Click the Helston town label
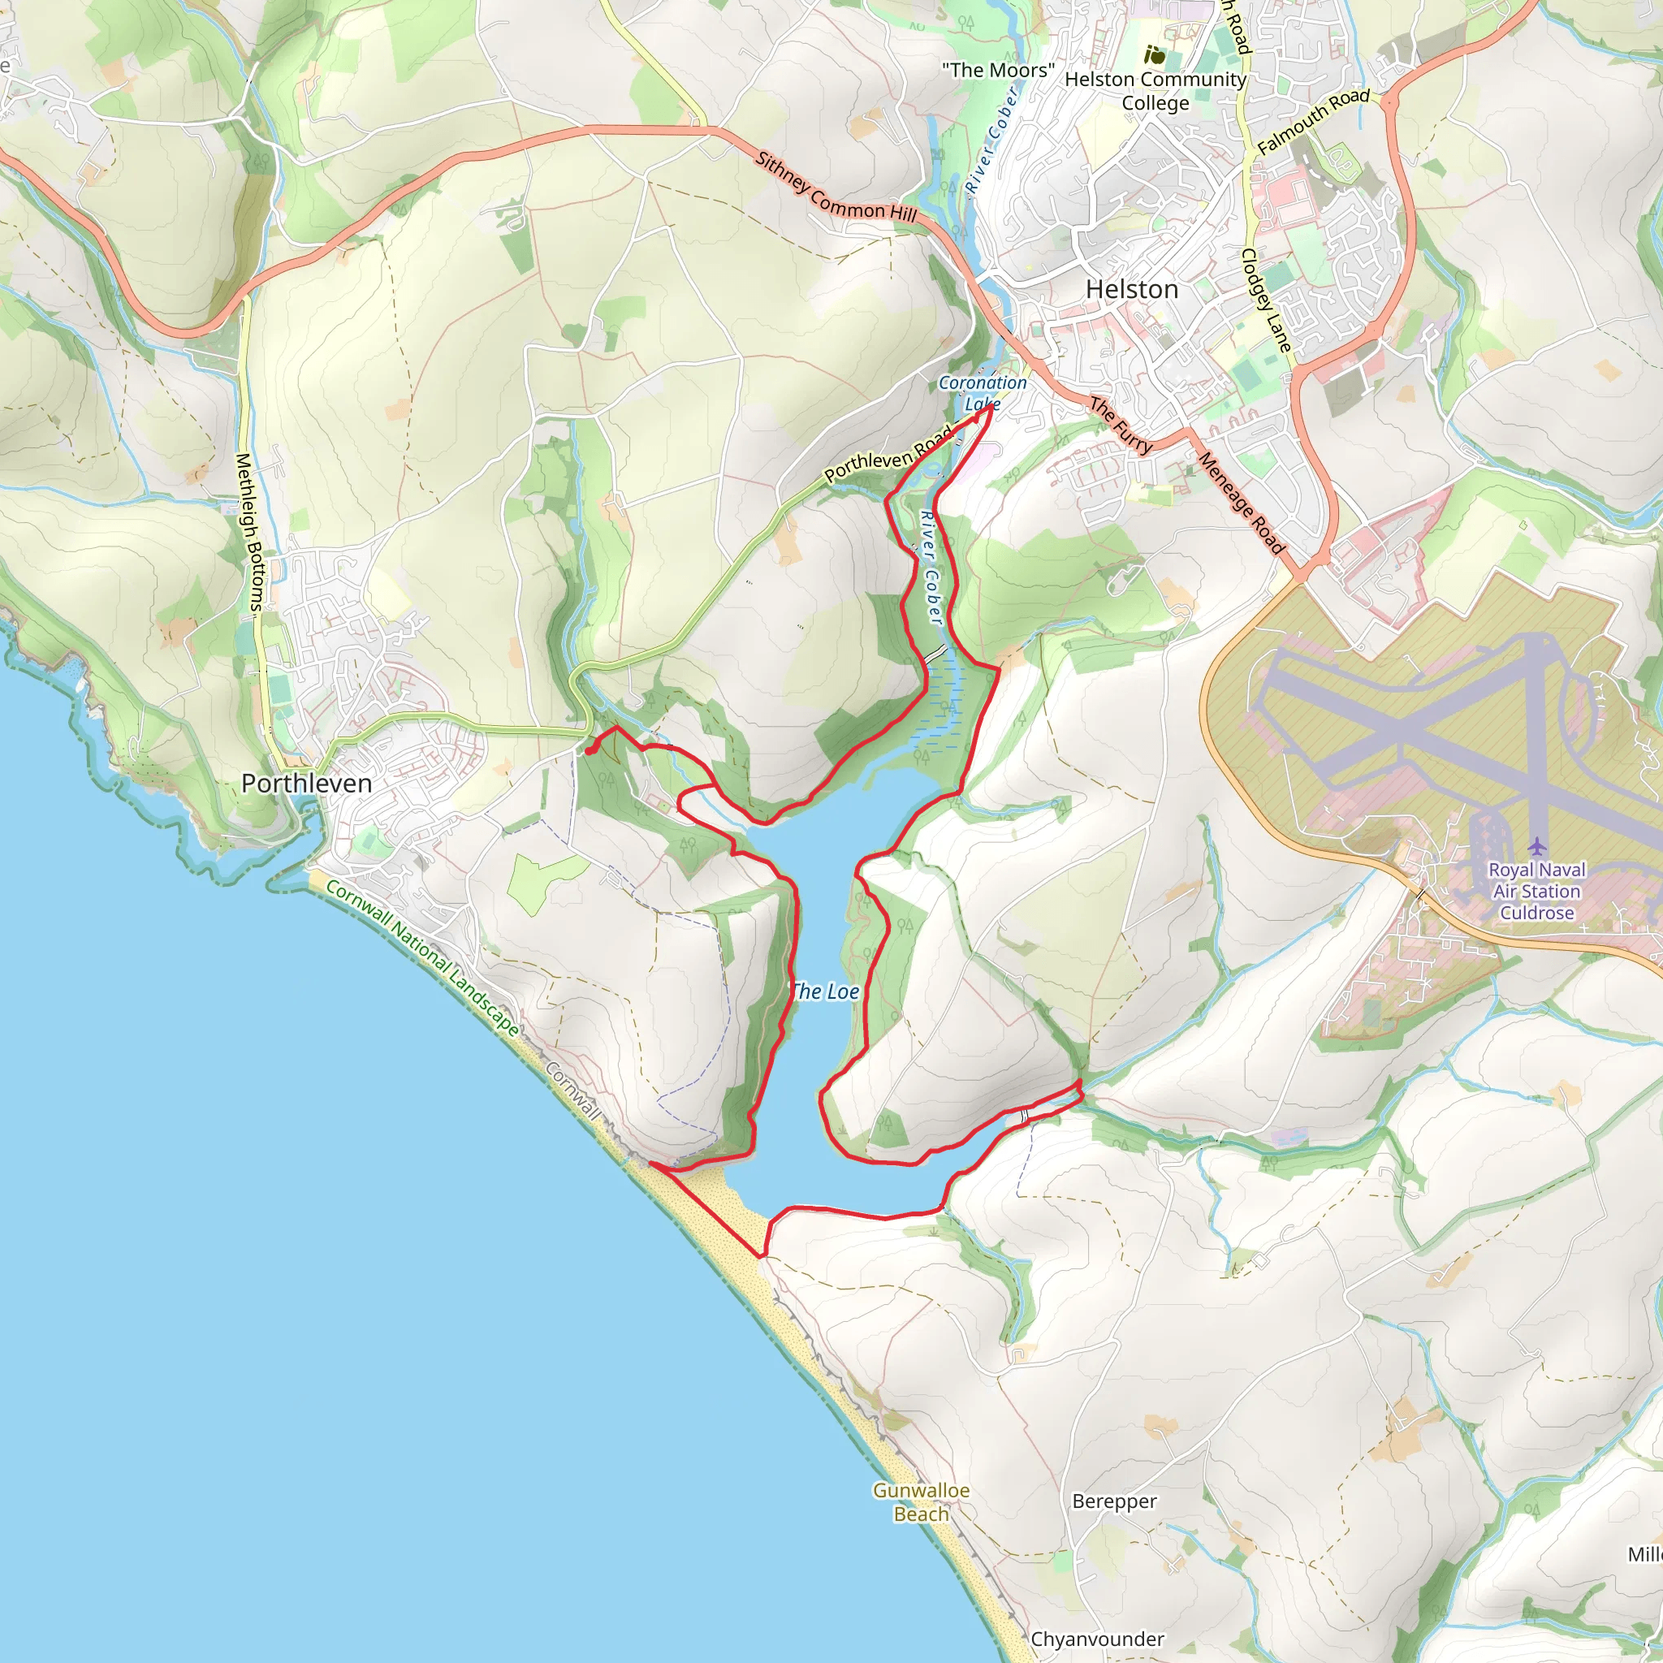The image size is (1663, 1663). [x=1131, y=289]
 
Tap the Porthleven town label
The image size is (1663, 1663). [x=306, y=784]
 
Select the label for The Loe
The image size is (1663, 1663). [x=825, y=991]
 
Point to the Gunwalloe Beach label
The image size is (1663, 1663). [x=921, y=1502]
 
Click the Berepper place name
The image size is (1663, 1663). [x=1114, y=1501]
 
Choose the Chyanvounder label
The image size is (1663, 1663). [x=1096, y=1639]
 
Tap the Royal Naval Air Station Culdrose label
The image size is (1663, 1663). [x=1536, y=891]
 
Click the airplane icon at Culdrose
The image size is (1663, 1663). [x=1536, y=846]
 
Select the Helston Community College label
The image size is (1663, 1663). [x=1155, y=90]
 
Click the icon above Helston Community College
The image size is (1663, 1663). [x=1155, y=57]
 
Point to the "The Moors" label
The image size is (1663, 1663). [x=998, y=71]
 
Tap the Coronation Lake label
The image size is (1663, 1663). [x=983, y=392]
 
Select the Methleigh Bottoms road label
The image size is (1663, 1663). [x=248, y=533]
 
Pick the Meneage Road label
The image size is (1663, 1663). [x=1241, y=503]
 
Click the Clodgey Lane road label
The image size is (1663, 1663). [x=1266, y=300]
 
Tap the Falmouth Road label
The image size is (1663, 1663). [x=1313, y=121]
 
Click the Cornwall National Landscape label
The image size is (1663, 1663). [x=421, y=958]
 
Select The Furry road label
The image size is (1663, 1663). [x=1120, y=425]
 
